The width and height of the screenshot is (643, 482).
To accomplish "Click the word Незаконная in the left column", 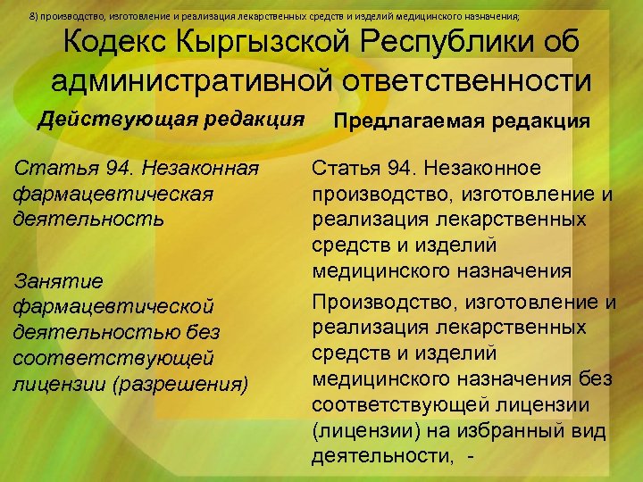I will pos(229,169).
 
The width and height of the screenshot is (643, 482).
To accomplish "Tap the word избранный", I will pos(496,432).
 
